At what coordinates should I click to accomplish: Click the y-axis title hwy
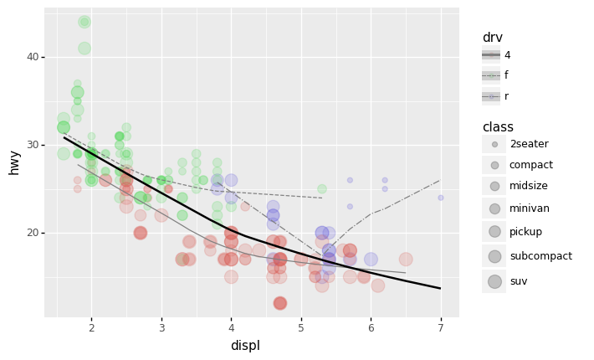coord(13,162)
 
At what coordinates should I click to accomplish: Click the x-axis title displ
coord(245,346)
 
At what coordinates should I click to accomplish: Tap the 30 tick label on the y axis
coord(33,145)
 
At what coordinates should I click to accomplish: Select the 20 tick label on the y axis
coord(33,233)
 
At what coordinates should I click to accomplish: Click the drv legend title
coord(492,38)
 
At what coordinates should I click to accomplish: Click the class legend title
coord(498,127)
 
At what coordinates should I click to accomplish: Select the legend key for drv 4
coord(491,55)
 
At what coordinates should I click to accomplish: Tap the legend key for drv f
coord(491,75)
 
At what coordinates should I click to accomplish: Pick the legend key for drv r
coord(491,96)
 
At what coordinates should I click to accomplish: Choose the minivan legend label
coord(530,208)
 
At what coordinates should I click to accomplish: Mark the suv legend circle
coord(494,281)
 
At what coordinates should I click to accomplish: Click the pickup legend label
coord(526,232)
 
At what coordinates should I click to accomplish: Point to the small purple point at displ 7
coord(441,198)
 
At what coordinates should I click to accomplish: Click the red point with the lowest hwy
coord(279,303)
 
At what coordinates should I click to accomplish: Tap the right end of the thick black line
coord(440,288)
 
